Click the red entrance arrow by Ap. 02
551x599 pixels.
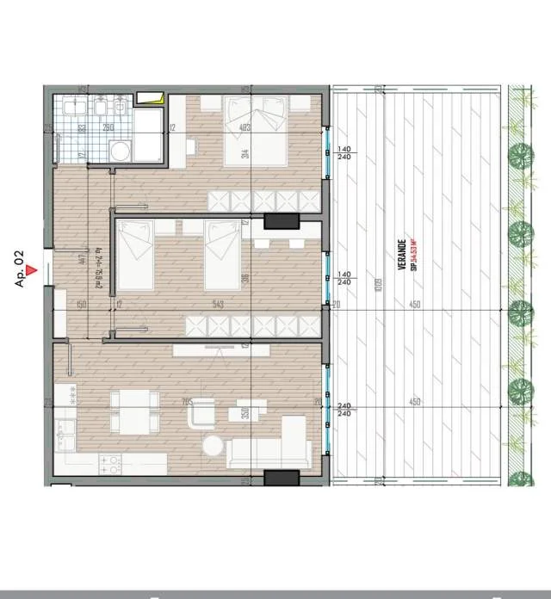(32, 270)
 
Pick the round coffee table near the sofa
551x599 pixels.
(212, 445)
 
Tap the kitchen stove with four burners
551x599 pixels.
(110, 465)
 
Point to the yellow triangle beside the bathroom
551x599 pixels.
(153, 96)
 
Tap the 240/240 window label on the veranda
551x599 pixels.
(344, 410)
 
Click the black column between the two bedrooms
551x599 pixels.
(280, 221)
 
